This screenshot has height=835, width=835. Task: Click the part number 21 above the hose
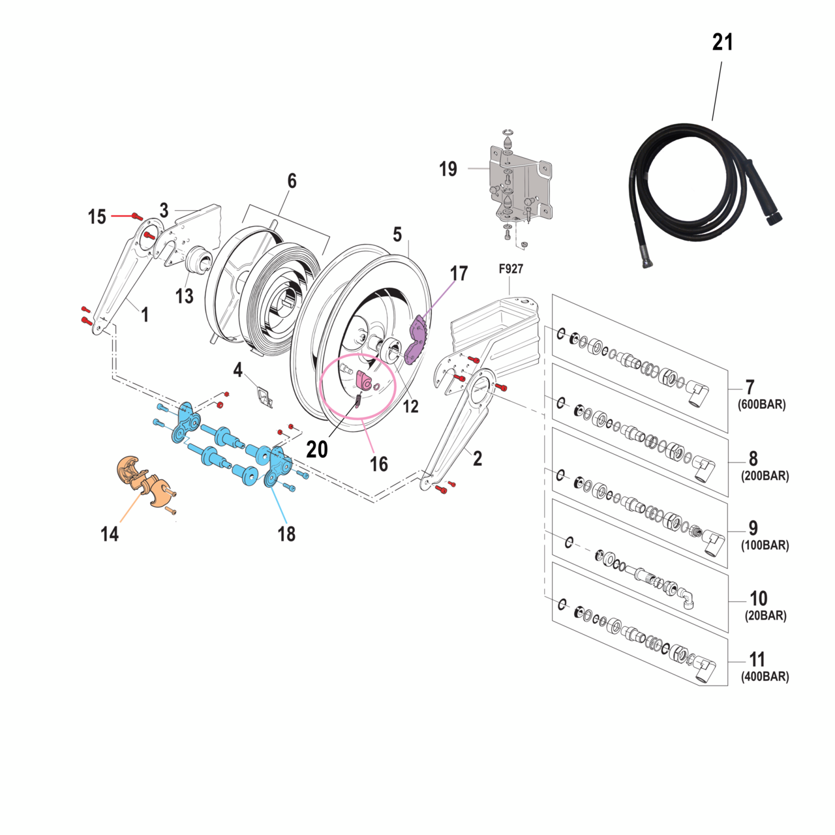click(722, 42)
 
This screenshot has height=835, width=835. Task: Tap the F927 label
click(511, 269)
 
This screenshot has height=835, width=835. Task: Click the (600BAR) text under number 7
click(761, 404)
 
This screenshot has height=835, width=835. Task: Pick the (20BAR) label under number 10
click(765, 616)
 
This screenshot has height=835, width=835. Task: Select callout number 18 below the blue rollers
click(286, 534)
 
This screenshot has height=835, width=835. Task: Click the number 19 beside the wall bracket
click(448, 169)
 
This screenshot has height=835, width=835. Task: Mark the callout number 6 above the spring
click(292, 181)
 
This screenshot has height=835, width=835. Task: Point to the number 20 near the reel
click(317, 449)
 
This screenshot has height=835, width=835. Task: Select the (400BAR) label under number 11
click(765, 677)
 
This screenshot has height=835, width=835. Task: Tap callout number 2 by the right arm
click(478, 459)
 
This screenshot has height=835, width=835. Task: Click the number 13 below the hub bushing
click(185, 296)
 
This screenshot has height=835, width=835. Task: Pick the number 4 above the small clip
click(238, 371)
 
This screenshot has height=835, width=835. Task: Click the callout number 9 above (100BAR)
click(753, 528)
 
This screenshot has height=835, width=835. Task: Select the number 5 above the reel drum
click(397, 235)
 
